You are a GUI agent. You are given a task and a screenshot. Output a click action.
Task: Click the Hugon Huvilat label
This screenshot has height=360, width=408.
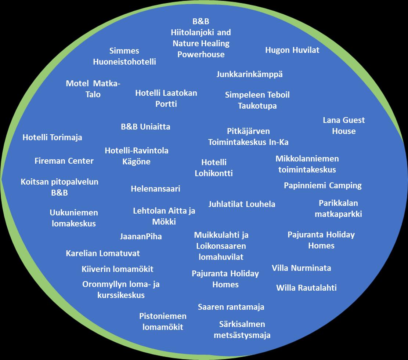[x=292, y=50]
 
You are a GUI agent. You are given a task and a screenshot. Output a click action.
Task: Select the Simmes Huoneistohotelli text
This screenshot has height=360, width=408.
[x=124, y=56]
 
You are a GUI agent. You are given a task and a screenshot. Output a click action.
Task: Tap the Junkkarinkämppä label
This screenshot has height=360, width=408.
[x=250, y=74]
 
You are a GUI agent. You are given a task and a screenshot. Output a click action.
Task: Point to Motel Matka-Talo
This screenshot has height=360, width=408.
[x=93, y=89]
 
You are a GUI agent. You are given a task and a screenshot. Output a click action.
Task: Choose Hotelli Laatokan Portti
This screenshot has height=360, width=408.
[x=166, y=98]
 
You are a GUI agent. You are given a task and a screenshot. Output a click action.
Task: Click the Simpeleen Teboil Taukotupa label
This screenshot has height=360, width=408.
[x=257, y=100]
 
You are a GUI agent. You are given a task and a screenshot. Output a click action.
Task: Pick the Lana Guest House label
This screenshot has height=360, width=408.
[x=344, y=126]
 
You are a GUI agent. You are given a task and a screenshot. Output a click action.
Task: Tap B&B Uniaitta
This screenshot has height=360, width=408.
[x=145, y=127]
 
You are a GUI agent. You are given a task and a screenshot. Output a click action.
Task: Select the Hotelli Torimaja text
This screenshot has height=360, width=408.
[x=52, y=138]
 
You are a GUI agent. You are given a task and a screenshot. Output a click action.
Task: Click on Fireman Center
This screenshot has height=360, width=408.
[x=64, y=161]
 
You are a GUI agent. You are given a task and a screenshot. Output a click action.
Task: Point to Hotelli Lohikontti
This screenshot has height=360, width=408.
[x=214, y=168]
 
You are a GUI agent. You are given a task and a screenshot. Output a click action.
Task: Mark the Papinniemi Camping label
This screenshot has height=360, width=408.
[x=323, y=185]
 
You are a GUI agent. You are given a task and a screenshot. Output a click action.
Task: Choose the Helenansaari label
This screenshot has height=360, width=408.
[x=156, y=189]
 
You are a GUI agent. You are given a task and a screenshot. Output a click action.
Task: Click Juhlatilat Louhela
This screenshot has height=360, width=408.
[x=242, y=204]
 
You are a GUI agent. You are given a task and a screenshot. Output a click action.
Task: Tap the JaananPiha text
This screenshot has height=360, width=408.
[x=141, y=237]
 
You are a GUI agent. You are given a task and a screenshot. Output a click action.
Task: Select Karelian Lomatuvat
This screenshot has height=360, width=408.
[x=103, y=253]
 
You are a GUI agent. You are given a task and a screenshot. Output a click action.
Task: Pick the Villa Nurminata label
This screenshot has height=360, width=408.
[x=301, y=268]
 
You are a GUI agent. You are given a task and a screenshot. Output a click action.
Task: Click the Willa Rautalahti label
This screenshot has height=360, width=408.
[x=306, y=288]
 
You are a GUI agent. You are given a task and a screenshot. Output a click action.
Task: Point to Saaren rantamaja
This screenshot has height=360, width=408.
[x=231, y=307]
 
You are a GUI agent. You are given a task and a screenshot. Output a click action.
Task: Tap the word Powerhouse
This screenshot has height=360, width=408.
[x=201, y=54]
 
